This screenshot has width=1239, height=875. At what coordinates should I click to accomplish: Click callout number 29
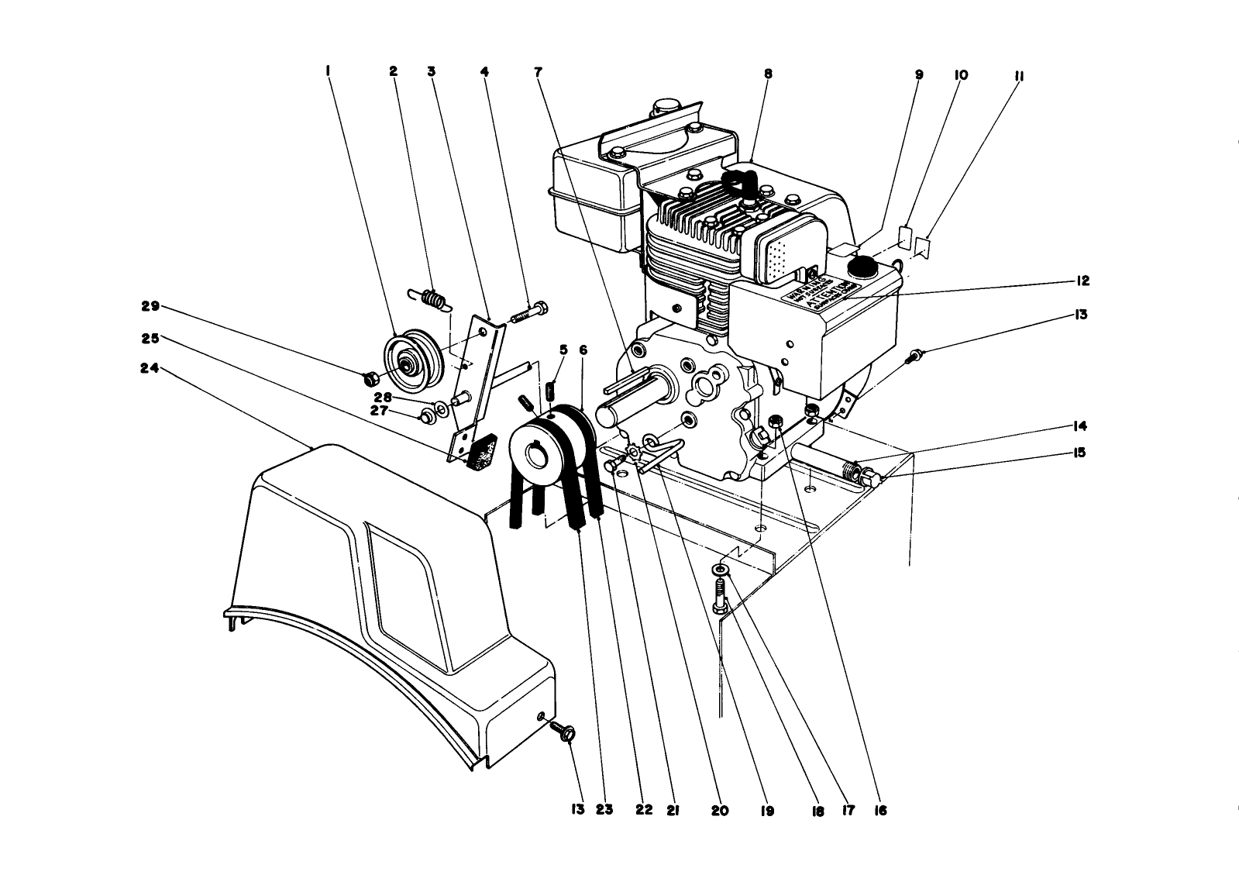150,306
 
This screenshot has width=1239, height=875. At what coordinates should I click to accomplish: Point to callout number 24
149,370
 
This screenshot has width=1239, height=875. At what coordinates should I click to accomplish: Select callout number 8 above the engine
768,74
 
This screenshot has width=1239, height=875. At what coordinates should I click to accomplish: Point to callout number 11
1018,75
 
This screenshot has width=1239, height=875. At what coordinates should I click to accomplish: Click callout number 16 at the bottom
879,811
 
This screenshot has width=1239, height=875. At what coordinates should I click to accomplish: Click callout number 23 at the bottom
604,811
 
